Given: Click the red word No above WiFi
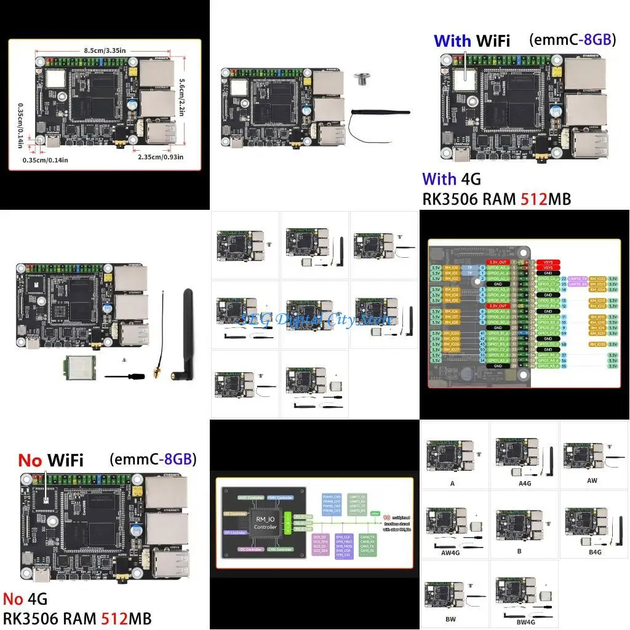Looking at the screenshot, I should click(x=30, y=460).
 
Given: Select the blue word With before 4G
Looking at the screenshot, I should click(x=439, y=179).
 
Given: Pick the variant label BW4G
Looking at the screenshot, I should click(x=522, y=621).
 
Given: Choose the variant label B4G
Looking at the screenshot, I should click(x=594, y=552).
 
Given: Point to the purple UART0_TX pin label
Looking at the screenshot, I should click(x=578, y=279).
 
